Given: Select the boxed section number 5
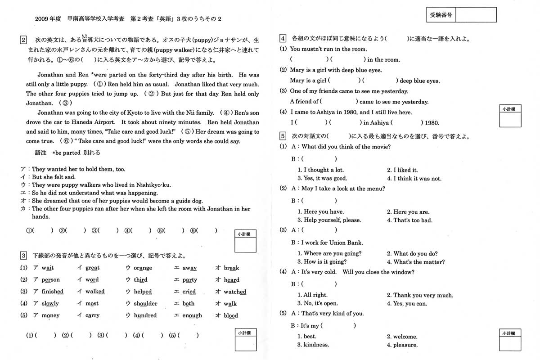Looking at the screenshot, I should click(282, 135).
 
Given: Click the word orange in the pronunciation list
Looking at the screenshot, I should click(143, 268).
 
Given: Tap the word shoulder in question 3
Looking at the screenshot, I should click(145, 304).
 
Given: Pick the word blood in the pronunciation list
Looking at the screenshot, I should click(231, 316).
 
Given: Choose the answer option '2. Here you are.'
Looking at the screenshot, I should click(408, 212).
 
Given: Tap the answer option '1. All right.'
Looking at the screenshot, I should click(312, 295).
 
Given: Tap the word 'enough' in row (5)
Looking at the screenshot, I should click(192, 316).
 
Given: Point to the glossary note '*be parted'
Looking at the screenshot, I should click(66, 153).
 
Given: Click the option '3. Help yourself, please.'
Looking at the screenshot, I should click(329, 220).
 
